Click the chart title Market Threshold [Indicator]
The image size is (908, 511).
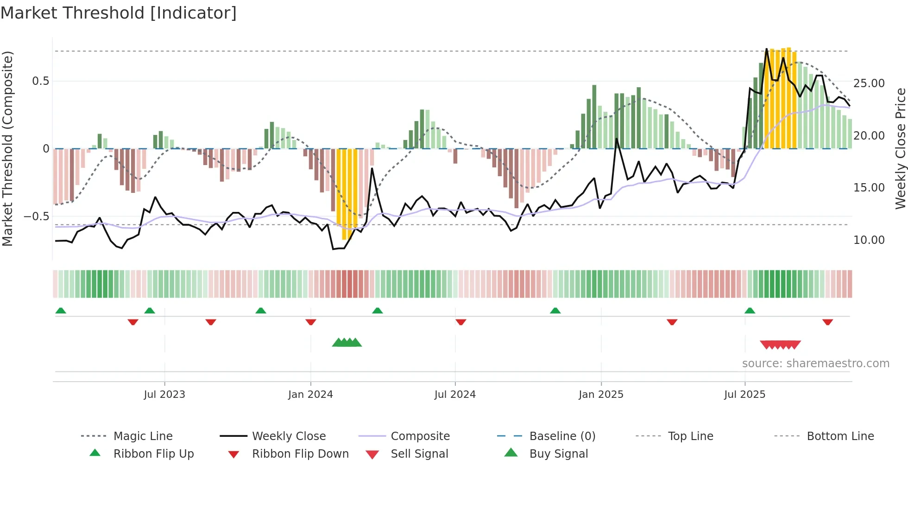119,13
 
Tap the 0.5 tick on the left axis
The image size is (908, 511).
41,81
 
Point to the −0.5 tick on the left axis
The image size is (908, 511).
37,217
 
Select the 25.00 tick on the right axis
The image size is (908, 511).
869,83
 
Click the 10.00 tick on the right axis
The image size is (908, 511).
869,240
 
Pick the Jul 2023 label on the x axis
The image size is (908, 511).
164,395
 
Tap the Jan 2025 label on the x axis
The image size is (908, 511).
601,395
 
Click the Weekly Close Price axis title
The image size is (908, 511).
900,148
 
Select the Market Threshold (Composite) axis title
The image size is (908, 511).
7,148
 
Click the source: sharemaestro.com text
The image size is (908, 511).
815,364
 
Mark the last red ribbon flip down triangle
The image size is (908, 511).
828,322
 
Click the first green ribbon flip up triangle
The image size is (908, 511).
61,311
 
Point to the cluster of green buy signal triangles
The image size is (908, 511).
347,343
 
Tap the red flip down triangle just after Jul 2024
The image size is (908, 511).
460,322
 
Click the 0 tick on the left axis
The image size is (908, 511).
46,149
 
